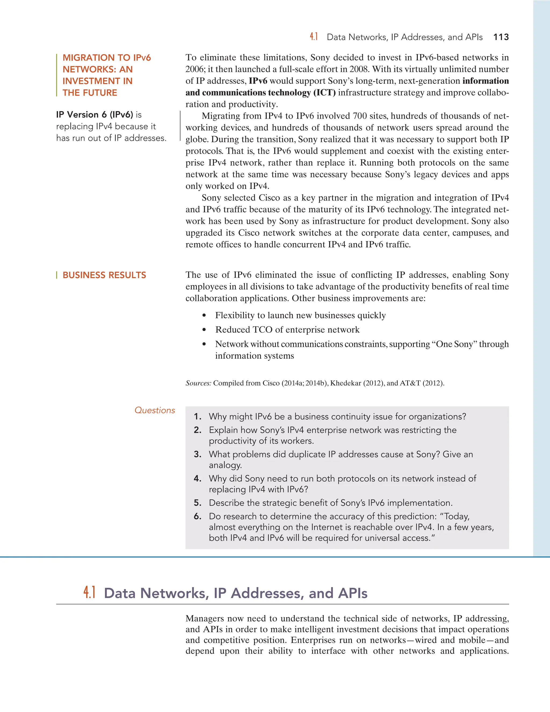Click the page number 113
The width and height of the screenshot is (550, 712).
(x=501, y=37)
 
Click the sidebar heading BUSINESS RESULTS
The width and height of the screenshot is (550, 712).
(x=104, y=275)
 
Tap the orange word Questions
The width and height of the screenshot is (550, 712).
(x=155, y=411)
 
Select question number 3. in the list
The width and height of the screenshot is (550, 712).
(x=197, y=454)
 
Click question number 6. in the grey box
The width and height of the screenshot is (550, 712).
(x=197, y=516)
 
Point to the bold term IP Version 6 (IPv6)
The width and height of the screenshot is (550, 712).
(x=95, y=115)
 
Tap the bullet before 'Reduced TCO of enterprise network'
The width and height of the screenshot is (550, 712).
(x=204, y=330)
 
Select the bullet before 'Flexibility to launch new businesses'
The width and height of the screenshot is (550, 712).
(x=204, y=316)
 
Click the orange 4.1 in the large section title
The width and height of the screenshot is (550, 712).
(x=89, y=592)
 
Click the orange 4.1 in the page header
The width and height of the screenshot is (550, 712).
(x=313, y=37)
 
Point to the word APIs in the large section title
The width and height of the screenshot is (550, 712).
(x=353, y=593)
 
